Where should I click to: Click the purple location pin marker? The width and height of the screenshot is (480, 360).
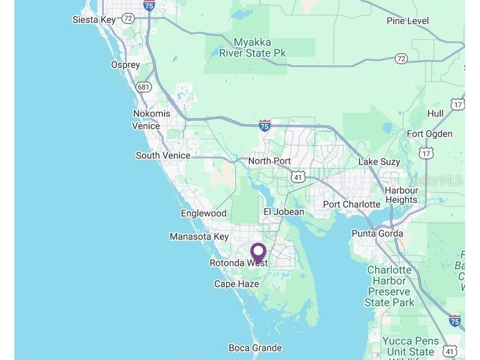pos(258,252)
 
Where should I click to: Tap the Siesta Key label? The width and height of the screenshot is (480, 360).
pos(94,20)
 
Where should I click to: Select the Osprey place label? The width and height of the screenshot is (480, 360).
pos(125,65)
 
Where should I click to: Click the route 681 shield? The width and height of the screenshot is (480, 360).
pos(143,87)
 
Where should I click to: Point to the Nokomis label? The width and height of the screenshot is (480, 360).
pos(152,114)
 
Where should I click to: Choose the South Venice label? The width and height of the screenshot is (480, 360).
pos(163,156)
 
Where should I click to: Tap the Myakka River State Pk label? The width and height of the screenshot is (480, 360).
pos(253,48)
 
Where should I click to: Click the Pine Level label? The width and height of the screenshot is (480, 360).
pos(407,21)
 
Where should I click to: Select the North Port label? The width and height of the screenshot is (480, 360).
pos(269,161)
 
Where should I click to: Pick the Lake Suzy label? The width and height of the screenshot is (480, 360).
pos(379,162)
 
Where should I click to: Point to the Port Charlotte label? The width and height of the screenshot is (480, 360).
pos(351,204)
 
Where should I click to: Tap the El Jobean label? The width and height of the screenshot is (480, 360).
pos(284,212)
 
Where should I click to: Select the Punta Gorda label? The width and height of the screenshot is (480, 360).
pos(377,233)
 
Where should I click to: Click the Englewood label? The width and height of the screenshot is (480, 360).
pos(204,214)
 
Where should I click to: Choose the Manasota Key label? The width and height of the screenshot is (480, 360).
pos(199,236)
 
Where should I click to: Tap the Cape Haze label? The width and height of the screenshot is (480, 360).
pos(237,284)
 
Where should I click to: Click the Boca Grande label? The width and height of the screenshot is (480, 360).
pos(255,348)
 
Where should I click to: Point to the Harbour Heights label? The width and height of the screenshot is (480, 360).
pos(401,195)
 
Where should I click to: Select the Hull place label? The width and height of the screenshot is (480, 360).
pos(435,114)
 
